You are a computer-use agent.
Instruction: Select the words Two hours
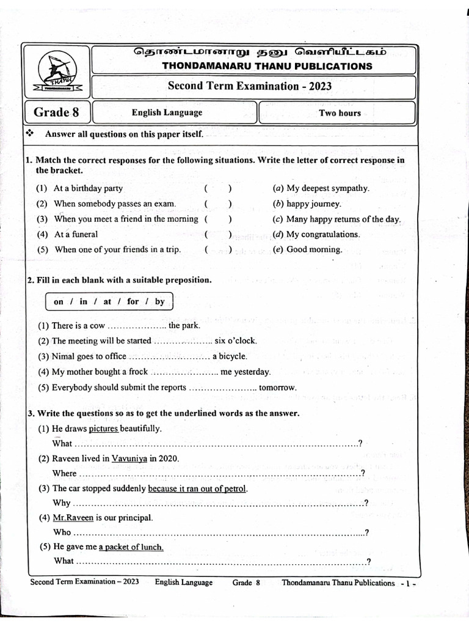tap(340, 113)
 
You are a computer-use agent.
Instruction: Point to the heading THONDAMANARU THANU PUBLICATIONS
tap(267, 66)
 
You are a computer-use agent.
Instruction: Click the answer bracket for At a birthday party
tap(218, 189)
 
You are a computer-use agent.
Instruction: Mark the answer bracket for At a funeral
tap(218, 234)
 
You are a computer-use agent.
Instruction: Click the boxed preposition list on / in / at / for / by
tap(109, 302)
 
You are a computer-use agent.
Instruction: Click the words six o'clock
tap(236, 341)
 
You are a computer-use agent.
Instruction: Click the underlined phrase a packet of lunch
tap(131, 547)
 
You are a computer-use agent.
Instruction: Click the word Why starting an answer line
tap(62, 503)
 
